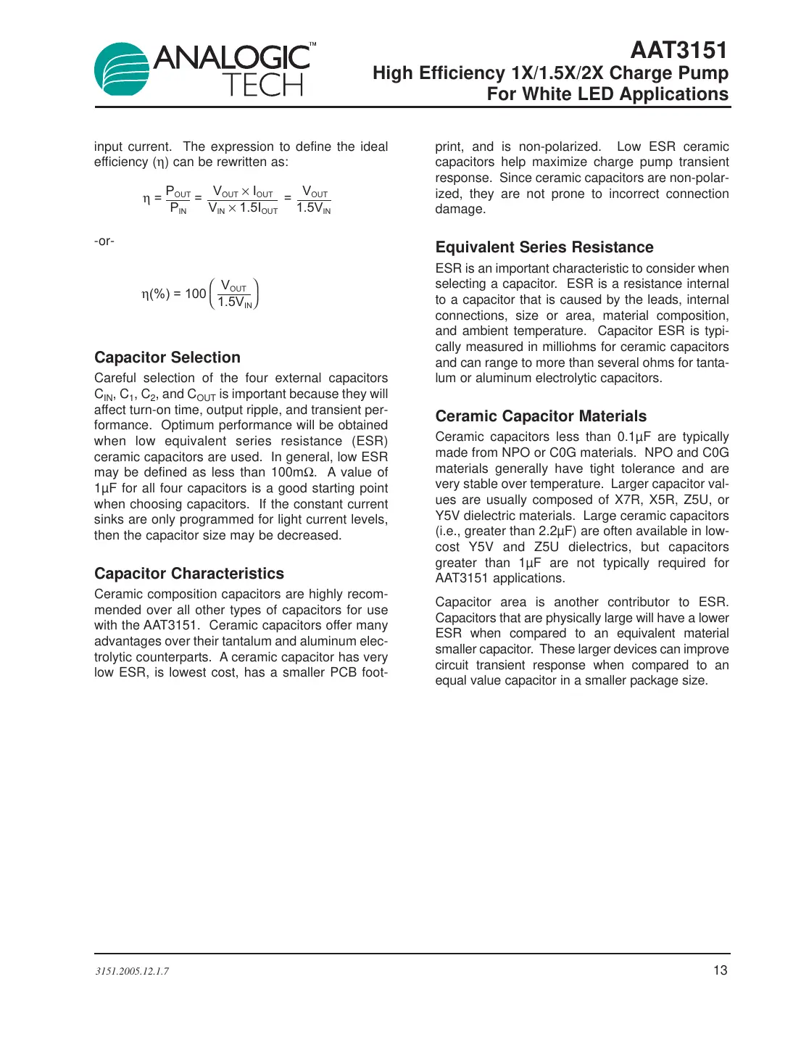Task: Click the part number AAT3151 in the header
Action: (678, 50)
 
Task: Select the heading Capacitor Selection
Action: (167, 358)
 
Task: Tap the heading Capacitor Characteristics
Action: (189, 574)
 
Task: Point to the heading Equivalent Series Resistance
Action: (544, 247)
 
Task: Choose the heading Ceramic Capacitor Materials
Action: (541, 416)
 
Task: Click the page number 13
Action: (720, 970)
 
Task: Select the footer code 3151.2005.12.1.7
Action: (132, 971)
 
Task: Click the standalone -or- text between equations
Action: (104, 241)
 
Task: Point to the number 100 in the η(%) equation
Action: (196, 294)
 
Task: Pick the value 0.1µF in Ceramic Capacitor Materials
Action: (634, 437)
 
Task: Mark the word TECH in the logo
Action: (262, 86)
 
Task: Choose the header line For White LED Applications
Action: (607, 94)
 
